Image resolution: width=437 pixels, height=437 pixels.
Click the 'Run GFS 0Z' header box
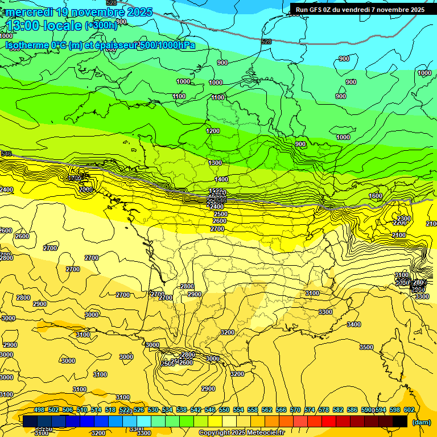coord(360,9)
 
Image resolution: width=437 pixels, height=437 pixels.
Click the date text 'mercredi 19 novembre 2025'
coord(79,12)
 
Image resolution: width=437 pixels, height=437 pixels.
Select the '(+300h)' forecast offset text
coord(101,26)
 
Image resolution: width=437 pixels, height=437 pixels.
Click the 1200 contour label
coord(213,131)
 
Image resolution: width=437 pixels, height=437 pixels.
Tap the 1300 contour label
coord(215,163)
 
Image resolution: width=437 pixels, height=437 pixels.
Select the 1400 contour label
coord(221,179)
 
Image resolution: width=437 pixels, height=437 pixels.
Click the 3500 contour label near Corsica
coord(366,347)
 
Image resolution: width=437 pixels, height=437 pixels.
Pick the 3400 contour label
coord(353,324)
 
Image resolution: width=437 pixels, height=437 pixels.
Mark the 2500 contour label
coord(220,214)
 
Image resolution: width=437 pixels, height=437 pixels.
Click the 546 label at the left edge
coord(6,154)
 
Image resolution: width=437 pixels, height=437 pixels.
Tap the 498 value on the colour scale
coord(39,410)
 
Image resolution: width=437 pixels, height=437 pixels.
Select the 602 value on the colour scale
coord(409,410)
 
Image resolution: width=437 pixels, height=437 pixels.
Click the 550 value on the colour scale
coord(224,410)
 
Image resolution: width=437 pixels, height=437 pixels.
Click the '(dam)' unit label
coord(421,422)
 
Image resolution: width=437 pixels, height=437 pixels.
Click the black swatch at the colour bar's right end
coord(400,421)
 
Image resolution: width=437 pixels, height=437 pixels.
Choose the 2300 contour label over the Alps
coord(403,218)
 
